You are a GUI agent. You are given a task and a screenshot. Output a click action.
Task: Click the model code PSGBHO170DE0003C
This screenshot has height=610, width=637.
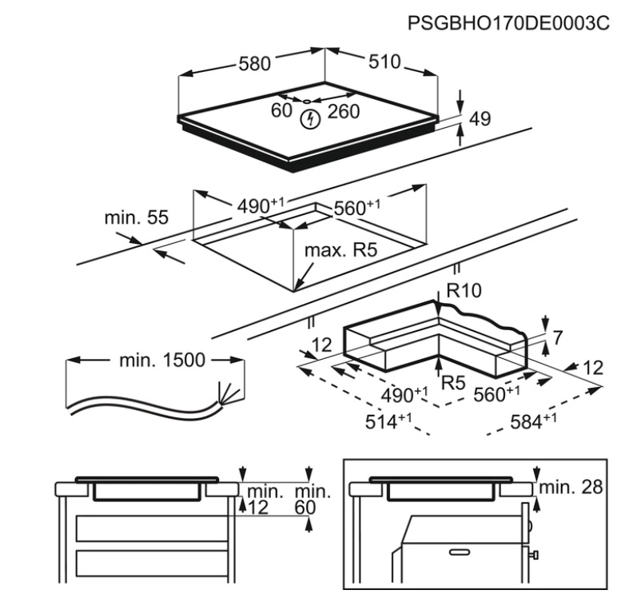click(508, 22)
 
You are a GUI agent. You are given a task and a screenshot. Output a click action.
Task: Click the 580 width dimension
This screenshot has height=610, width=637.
click(254, 64)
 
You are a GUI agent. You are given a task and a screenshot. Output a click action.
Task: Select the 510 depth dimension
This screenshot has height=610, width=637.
click(384, 62)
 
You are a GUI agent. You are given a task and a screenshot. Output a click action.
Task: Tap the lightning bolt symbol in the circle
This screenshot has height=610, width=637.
click(310, 119)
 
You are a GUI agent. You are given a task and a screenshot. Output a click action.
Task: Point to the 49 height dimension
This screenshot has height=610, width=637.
click(480, 118)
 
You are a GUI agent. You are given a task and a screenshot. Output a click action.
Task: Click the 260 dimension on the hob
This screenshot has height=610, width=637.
click(344, 111)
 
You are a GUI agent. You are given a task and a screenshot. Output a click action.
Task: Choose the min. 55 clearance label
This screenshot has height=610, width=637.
click(137, 217)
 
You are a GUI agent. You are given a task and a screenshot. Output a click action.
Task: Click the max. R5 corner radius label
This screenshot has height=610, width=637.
click(341, 250)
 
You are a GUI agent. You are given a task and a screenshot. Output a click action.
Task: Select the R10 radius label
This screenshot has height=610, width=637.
click(464, 290)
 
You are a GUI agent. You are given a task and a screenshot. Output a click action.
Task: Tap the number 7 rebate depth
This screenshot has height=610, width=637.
click(558, 337)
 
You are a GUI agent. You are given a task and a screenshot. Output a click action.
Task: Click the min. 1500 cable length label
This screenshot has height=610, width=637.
click(162, 360)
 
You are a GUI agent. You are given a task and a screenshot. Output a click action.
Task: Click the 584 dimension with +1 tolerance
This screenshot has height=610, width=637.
click(533, 421)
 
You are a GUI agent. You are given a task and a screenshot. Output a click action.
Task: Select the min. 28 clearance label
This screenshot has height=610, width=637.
click(571, 486)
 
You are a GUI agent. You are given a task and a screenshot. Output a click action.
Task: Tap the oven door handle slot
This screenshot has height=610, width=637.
click(460, 552)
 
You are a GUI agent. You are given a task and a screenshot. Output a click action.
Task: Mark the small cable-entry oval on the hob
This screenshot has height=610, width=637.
click(307, 102)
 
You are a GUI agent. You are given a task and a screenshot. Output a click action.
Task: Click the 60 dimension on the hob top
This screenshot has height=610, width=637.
click(281, 110)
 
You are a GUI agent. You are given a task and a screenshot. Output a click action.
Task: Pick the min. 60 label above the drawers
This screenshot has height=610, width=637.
click(312, 500)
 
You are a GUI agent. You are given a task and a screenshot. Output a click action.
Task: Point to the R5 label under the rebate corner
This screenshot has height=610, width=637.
click(453, 382)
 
